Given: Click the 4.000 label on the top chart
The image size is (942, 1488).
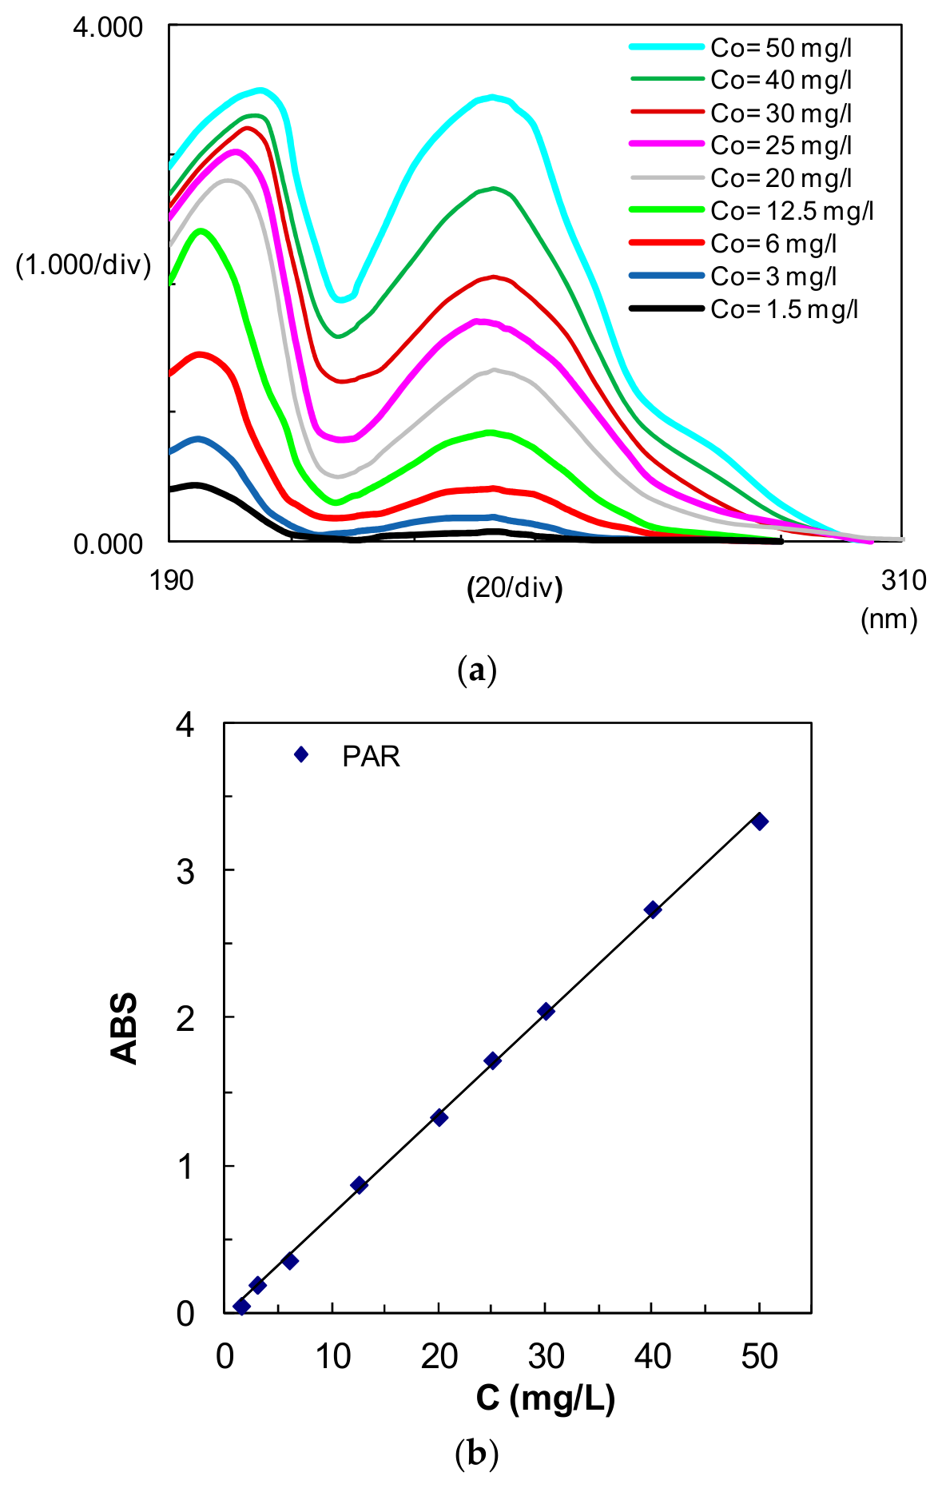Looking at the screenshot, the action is pyautogui.click(x=108, y=27).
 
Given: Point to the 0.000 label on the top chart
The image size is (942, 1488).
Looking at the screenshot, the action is pyautogui.click(x=108, y=544).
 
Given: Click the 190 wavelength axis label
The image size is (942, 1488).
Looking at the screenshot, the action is pyautogui.click(x=171, y=580).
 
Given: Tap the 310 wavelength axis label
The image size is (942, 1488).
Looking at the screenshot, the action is pyautogui.click(x=904, y=580).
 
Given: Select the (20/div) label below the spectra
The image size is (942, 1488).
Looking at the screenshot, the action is pyautogui.click(x=515, y=588).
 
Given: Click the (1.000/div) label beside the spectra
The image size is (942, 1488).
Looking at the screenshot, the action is pyautogui.click(x=83, y=265).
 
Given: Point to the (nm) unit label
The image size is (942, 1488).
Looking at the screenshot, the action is pyautogui.click(x=888, y=619).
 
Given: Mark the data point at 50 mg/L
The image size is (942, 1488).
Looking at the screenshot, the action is pyautogui.click(x=760, y=822).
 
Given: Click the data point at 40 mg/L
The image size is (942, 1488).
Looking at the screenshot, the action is pyautogui.click(x=653, y=909).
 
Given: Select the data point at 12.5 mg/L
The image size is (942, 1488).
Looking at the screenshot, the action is pyautogui.click(x=359, y=1185).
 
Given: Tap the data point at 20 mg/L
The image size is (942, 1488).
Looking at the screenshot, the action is pyautogui.click(x=439, y=1118).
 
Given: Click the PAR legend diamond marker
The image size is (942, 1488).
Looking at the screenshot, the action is pyautogui.click(x=301, y=754).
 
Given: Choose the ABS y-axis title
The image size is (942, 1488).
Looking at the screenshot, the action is pyautogui.click(x=125, y=1028).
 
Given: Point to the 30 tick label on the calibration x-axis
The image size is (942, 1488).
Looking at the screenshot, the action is pyautogui.click(x=547, y=1356).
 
